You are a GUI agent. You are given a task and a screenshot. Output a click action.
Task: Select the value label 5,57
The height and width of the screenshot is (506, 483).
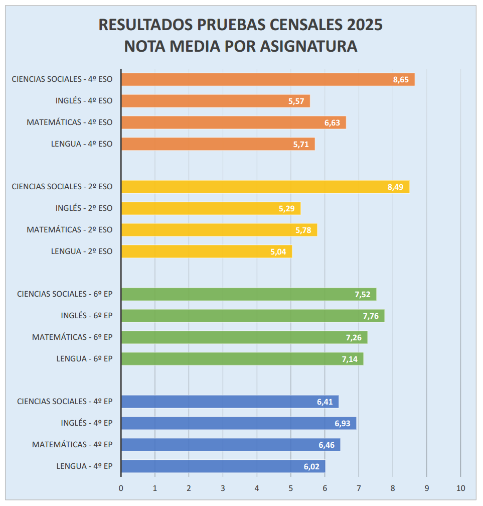pyautogui.click(x=296, y=101)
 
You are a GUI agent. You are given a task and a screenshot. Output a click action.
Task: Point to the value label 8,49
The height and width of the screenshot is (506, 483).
pyautogui.click(x=396, y=187)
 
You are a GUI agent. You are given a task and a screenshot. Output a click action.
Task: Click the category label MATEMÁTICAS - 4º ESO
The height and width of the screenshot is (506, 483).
pyautogui.click(x=69, y=122)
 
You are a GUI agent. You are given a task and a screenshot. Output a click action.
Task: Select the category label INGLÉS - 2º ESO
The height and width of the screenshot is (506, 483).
pyautogui.click(x=84, y=208)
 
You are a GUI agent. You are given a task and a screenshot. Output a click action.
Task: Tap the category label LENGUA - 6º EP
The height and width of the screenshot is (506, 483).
pyautogui.click(x=84, y=359)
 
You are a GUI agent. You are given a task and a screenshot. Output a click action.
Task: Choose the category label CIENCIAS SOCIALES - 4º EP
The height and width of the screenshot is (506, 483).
pyautogui.click(x=65, y=402)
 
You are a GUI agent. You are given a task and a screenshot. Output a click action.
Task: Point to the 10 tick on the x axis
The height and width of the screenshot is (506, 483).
pyautogui.click(x=460, y=488)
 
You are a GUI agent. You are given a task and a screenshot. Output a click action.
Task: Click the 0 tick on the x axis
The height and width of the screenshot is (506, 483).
pyautogui.click(x=121, y=488)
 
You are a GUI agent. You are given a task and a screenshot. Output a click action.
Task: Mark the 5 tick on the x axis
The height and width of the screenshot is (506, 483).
pyautogui.click(x=291, y=488)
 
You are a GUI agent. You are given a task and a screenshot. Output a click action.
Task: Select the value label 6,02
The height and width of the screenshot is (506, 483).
pyautogui.click(x=312, y=467)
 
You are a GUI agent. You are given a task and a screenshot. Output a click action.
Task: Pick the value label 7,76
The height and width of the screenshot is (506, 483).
pyautogui.click(x=371, y=316)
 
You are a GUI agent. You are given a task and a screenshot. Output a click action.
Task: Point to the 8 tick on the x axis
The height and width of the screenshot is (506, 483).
pyautogui.click(x=393, y=488)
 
